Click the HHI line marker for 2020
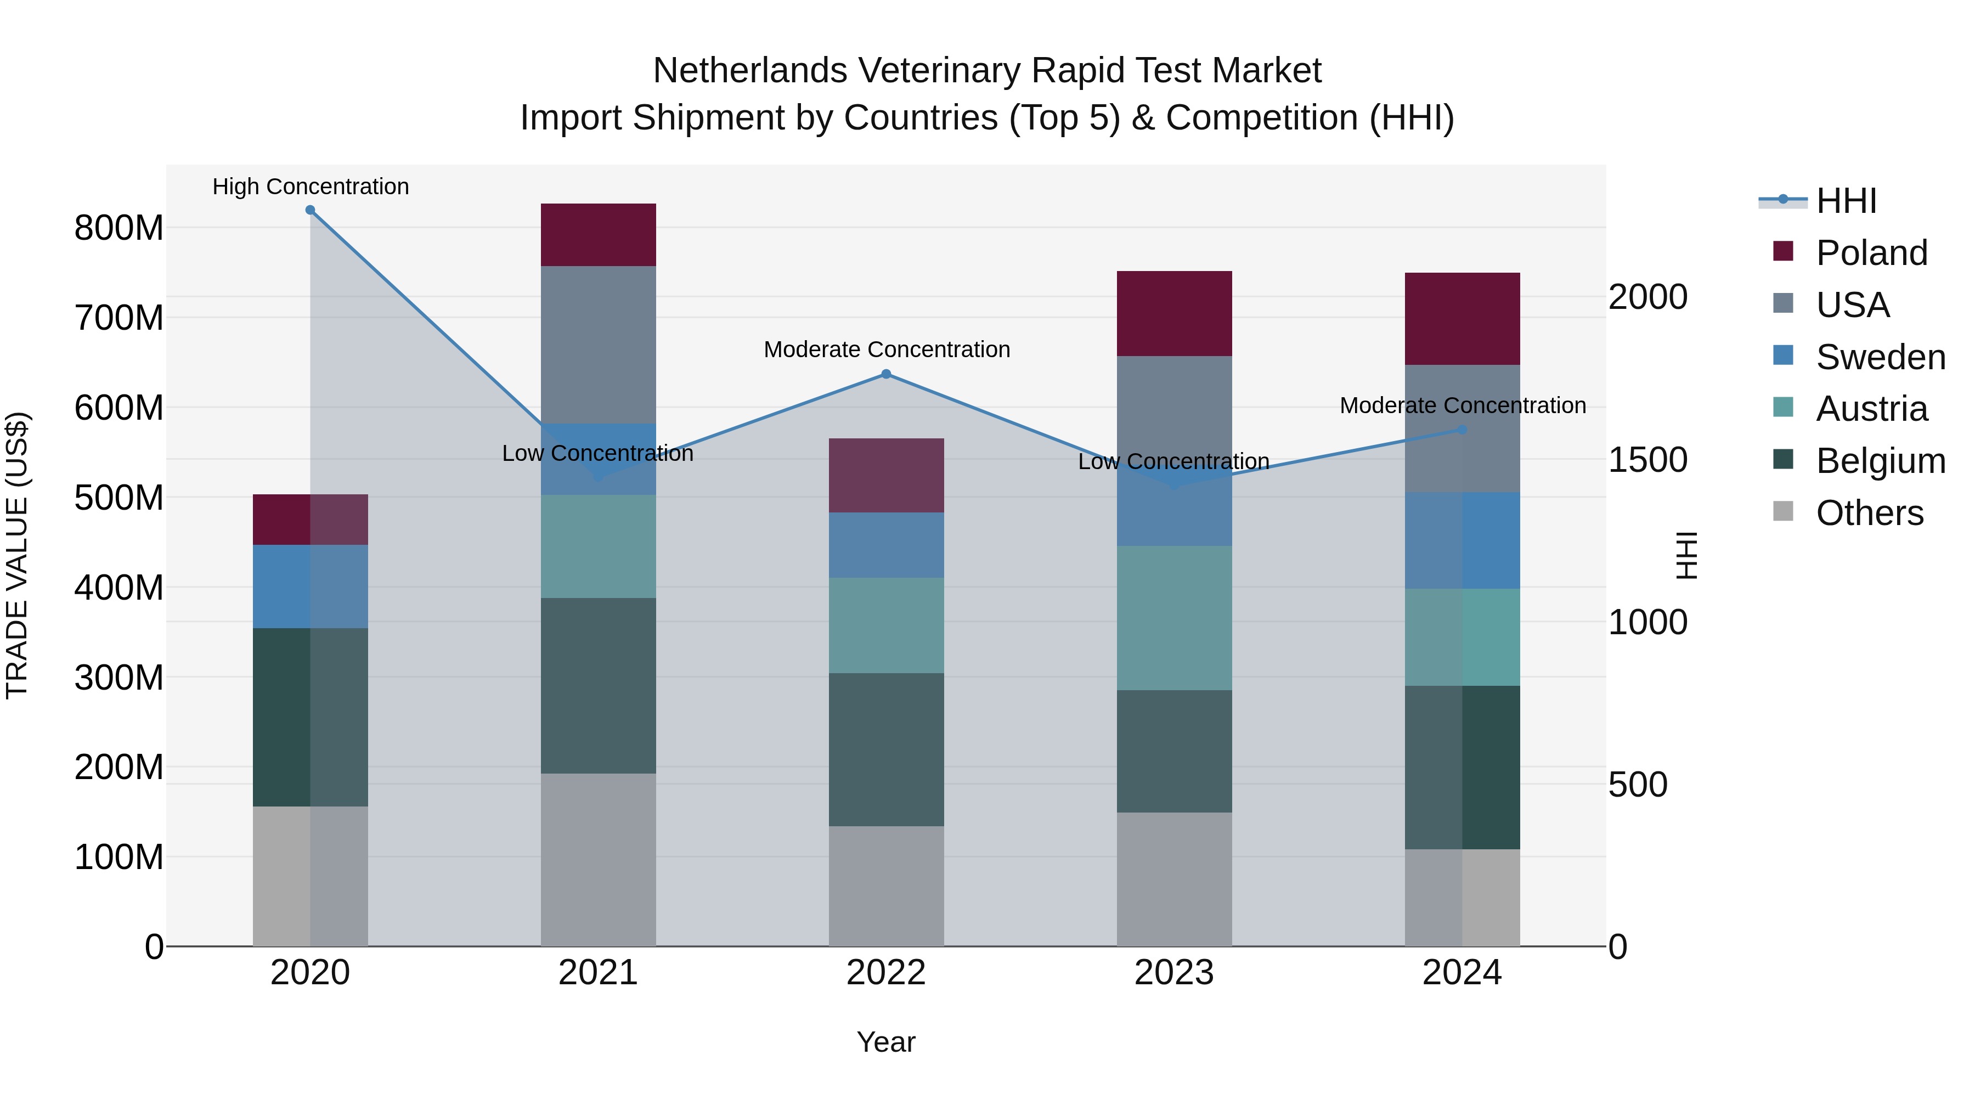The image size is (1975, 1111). pos(311,210)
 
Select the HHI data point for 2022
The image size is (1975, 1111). pos(887,374)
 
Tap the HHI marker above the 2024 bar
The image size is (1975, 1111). pos(1462,430)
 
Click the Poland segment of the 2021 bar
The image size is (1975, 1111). pos(599,235)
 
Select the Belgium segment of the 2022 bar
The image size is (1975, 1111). pos(887,750)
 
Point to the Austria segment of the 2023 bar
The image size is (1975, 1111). pos(1175,618)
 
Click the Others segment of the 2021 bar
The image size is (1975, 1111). pos(599,860)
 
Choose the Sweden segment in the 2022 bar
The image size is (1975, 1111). pos(887,545)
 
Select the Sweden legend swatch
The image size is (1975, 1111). pos(1784,356)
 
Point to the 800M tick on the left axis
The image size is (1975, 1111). pos(119,228)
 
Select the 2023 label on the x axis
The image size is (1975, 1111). pos(1175,973)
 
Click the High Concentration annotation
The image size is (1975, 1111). pos(311,187)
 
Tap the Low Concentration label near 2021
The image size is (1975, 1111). pos(598,453)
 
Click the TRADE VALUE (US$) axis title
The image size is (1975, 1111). pos(17,555)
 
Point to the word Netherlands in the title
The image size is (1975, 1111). pos(750,71)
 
